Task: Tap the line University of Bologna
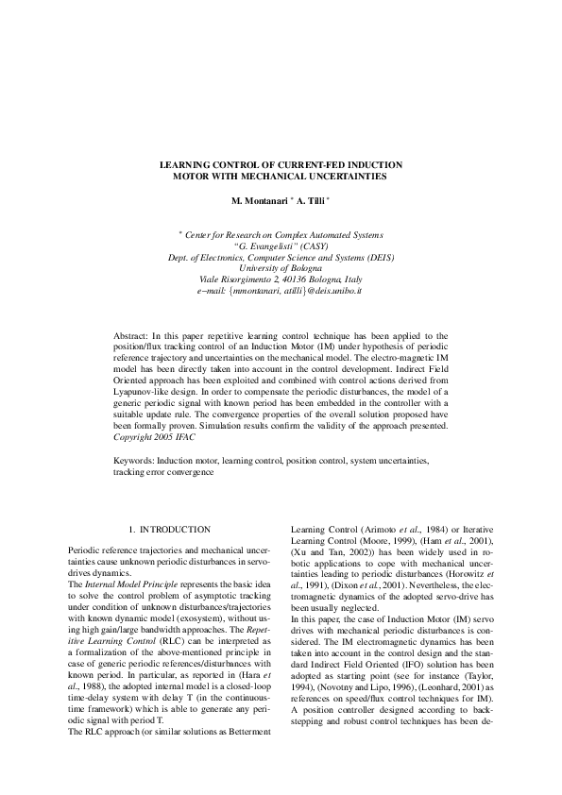[281, 268]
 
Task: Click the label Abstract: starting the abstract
[130, 335]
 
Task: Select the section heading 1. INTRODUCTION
[169, 531]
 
